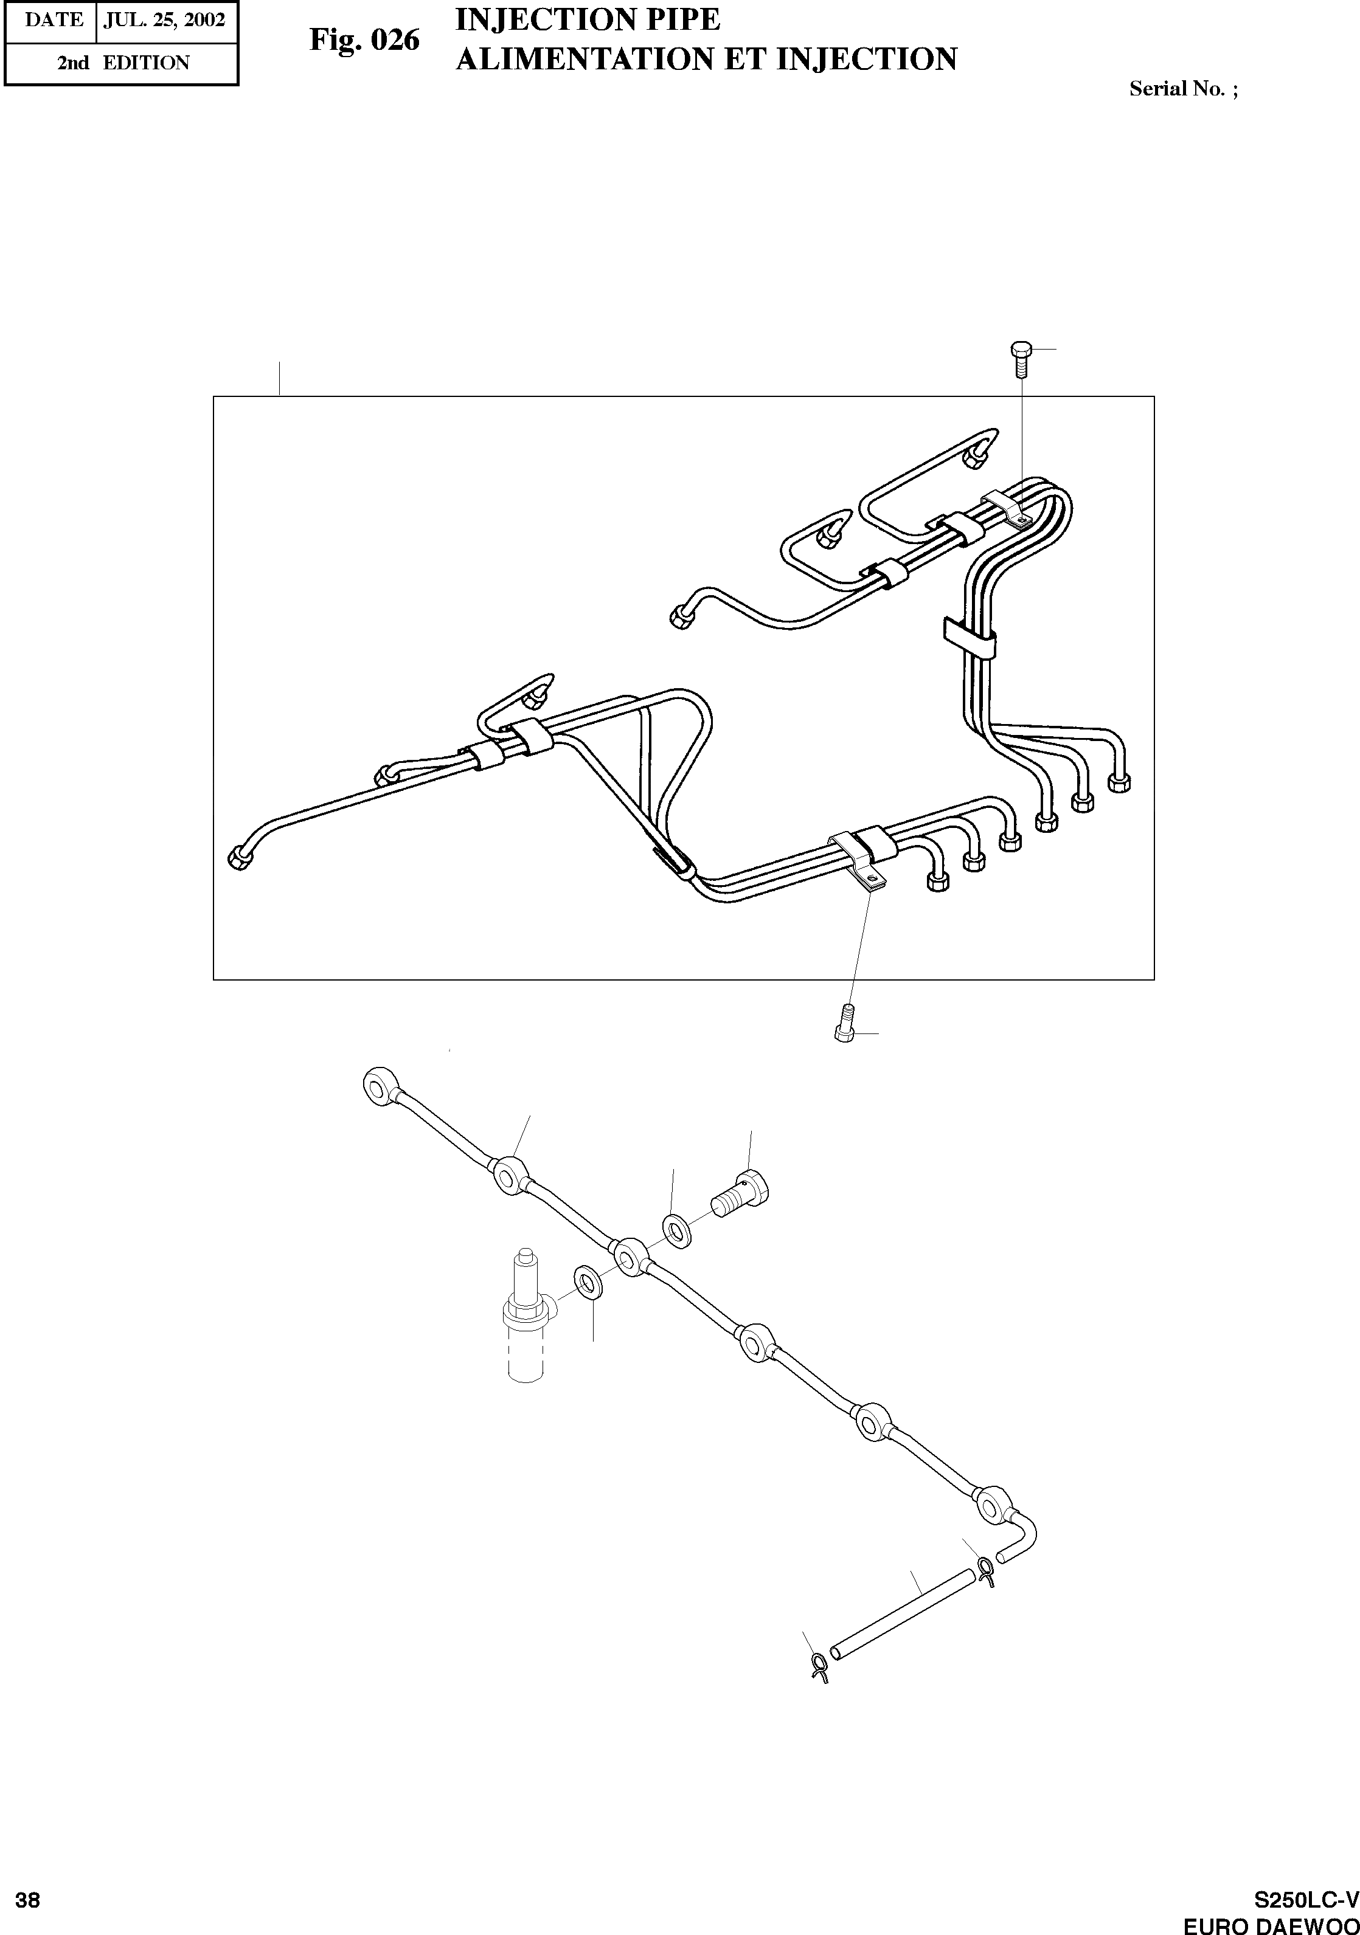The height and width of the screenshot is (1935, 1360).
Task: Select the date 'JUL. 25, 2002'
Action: (x=164, y=20)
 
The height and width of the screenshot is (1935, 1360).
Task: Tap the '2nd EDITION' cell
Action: (x=123, y=63)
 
